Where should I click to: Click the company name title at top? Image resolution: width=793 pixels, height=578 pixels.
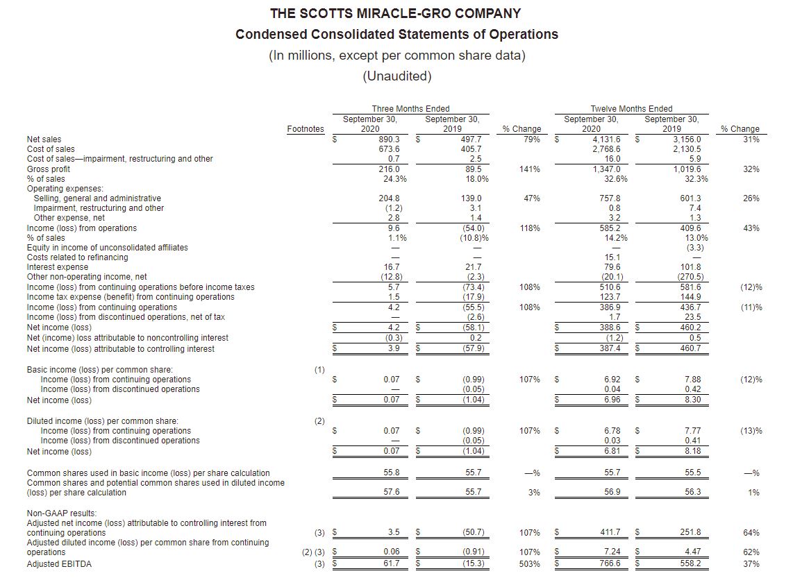(396, 13)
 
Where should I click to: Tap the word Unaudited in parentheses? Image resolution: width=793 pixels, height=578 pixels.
(396, 76)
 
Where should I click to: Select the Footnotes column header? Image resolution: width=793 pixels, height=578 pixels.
(306, 129)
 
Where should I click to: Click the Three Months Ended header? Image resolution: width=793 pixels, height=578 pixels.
(410, 108)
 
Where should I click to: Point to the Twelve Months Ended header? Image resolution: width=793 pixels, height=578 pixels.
(631, 108)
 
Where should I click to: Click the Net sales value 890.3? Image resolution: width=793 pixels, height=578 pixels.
(388, 139)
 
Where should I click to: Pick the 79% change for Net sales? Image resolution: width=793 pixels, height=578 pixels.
(532, 139)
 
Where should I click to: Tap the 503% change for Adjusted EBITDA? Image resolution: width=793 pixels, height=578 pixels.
(531, 564)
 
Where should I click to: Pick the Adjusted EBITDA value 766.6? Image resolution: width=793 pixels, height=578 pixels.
(609, 564)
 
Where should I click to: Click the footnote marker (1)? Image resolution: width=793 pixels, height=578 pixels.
(319, 370)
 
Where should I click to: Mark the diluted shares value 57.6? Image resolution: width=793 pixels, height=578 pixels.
(392, 492)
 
